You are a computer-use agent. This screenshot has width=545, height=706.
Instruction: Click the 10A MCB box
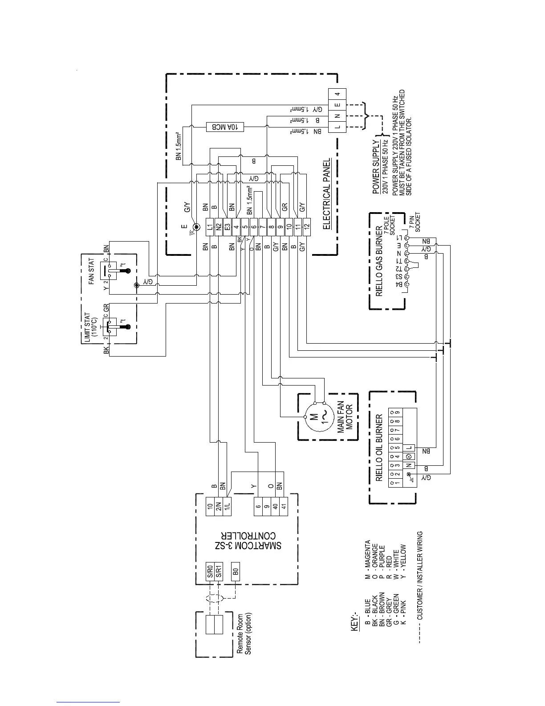[x=225, y=126]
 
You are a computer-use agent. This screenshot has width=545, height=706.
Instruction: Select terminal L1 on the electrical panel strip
[x=210, y=227]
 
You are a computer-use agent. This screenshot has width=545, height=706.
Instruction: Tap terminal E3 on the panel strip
[x=227, y=227]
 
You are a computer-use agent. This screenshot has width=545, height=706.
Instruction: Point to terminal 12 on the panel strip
[x=306, y=227]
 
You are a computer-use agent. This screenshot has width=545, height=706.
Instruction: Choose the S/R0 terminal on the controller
[x=210, y=572]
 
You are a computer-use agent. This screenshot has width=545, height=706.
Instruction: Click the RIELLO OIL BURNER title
[x=379, y=448]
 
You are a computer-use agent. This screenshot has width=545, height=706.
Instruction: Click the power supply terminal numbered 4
[x=338, y=94]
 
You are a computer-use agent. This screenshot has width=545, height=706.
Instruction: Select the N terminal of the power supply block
[x=338, y=116]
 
